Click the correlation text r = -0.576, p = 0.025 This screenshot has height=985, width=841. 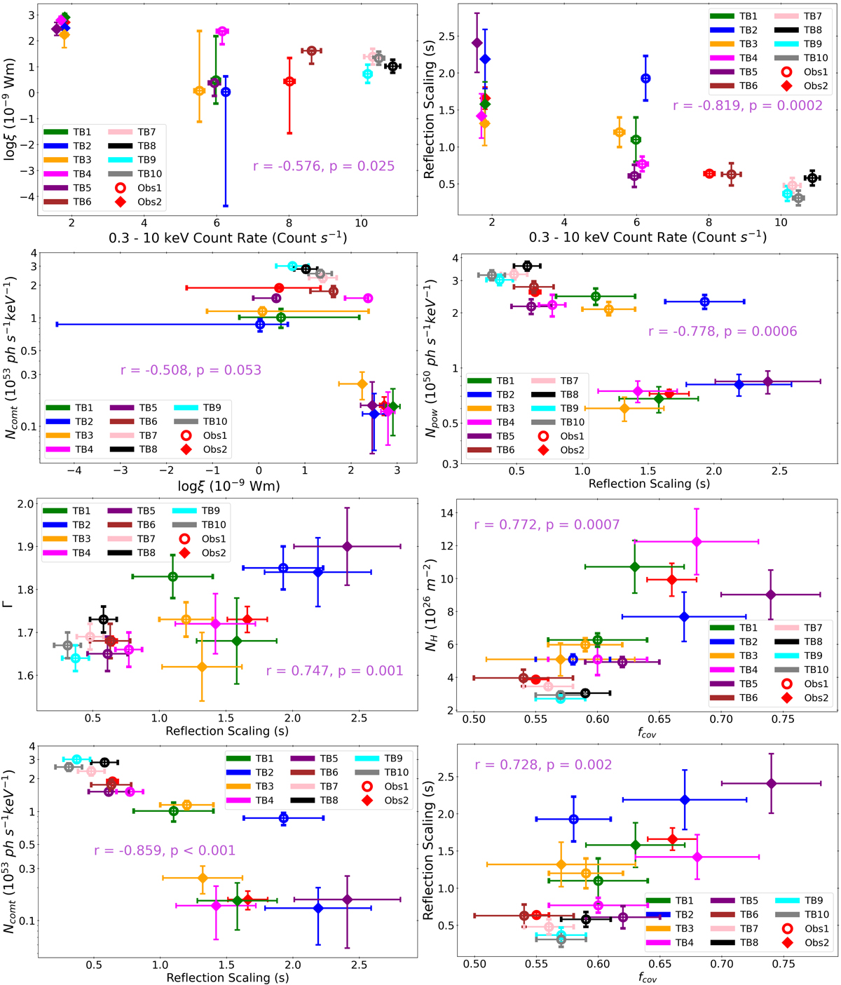tap(324, 166)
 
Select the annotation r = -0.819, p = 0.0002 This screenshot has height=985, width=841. tap(748, 106)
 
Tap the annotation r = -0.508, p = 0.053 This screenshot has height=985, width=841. tap(191, 369)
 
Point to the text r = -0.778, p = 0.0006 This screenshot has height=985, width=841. tap(723, 331)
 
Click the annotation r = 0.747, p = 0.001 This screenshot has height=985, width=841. tap(334, 670)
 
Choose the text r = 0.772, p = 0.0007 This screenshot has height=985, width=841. tap(547, 524)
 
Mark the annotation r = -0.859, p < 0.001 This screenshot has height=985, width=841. tap(165, 850)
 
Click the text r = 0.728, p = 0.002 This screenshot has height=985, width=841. tap(543, 764)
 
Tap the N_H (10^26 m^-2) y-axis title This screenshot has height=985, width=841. tap(431, 604)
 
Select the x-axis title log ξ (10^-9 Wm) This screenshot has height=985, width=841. tap(228, 486)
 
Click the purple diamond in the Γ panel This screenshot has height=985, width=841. tap(347, 546)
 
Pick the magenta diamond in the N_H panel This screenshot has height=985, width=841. tap(696, 541)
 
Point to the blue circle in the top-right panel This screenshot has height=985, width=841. tap(645, 79)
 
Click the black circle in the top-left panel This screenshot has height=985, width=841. tap(392, 67)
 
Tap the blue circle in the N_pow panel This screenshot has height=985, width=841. tap(704, 301)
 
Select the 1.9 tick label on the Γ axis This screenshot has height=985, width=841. tap(26, 547)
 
